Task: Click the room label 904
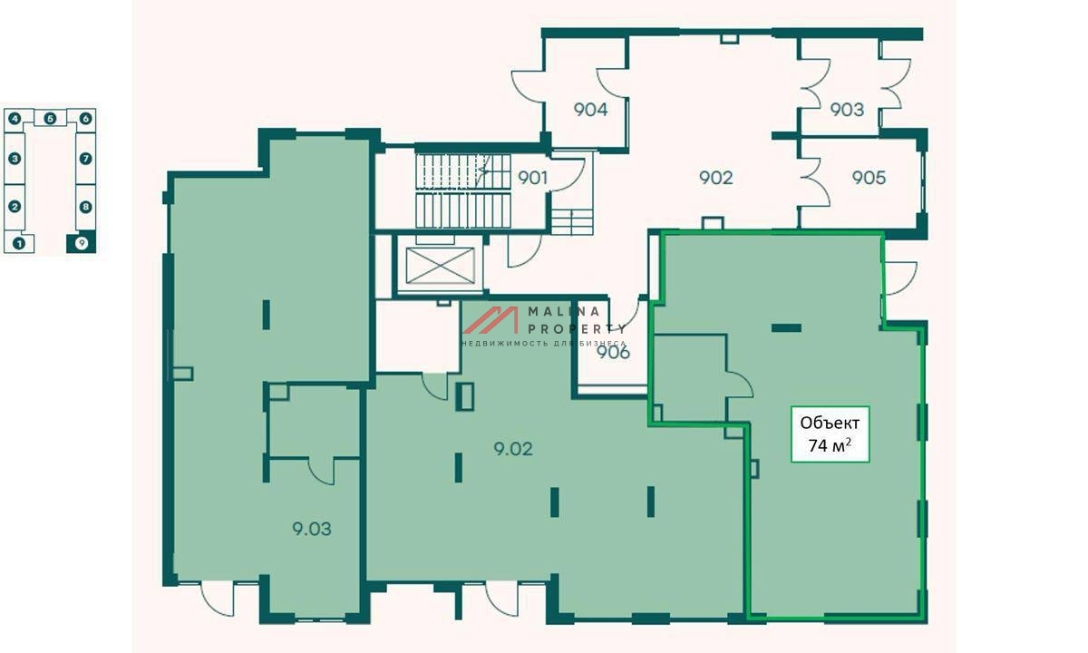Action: pyautogui.click(x=590, y=110)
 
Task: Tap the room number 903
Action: pyautogui.click(x=847, y=110)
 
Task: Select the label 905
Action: pyautogui.click(x=869, y=178)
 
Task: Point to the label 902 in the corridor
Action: pyautogui.click(x=715, y=178)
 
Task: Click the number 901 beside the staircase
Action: pyautogui.click(x=532, y=178)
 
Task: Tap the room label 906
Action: pyautogui.click(x=613, y=352)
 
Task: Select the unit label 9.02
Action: pyautogui.click(x=513, y=448)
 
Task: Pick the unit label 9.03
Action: pyautogui.click(x=311, y=529)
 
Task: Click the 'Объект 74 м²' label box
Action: pyautogui.click(x=831, y=434)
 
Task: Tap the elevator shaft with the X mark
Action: pyautogui.click(x=440, y=265)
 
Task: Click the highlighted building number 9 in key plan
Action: pyautogui.click(x=82, y=243)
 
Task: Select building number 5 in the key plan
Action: pyautogui.click(x=51, y=119)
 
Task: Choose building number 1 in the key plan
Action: pyautogui.click(x=19, y=243)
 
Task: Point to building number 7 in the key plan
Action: pyautogui.click(x=85, y=159)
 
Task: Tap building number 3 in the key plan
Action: pyautogui.click(x=15, y=159)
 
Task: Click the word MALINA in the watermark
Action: pyautogui.click(x=564, y=311)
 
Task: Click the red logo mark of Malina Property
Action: pyautogui.click(x=491, y=320)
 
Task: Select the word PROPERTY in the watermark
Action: pyautogui.click(x=577, y=329)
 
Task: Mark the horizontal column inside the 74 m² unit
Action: pyautogui.click(x=786, y=328)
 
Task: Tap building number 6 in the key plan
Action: pyautogui.click(x=85, y=119)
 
